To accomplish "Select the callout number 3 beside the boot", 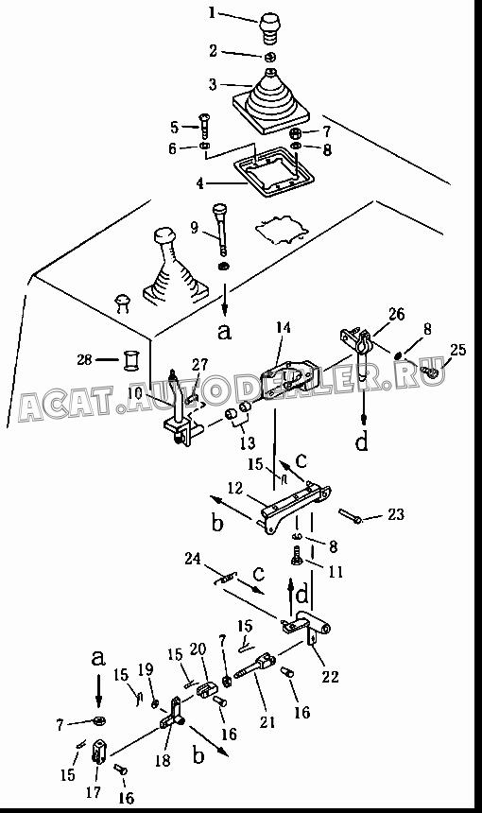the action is click(213, 84).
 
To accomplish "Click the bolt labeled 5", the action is click(204, 126).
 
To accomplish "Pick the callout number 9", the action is click(195, 227).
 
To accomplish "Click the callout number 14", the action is click(283, 327).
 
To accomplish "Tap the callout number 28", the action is click(84, 359).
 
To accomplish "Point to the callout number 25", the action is click(458, 350).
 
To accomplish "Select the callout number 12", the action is click(235, 488).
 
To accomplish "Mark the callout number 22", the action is click(330, 677).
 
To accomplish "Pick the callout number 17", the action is click(94, 793).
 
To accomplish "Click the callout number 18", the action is click(163, 760).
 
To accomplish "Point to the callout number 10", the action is click(135, 393).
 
